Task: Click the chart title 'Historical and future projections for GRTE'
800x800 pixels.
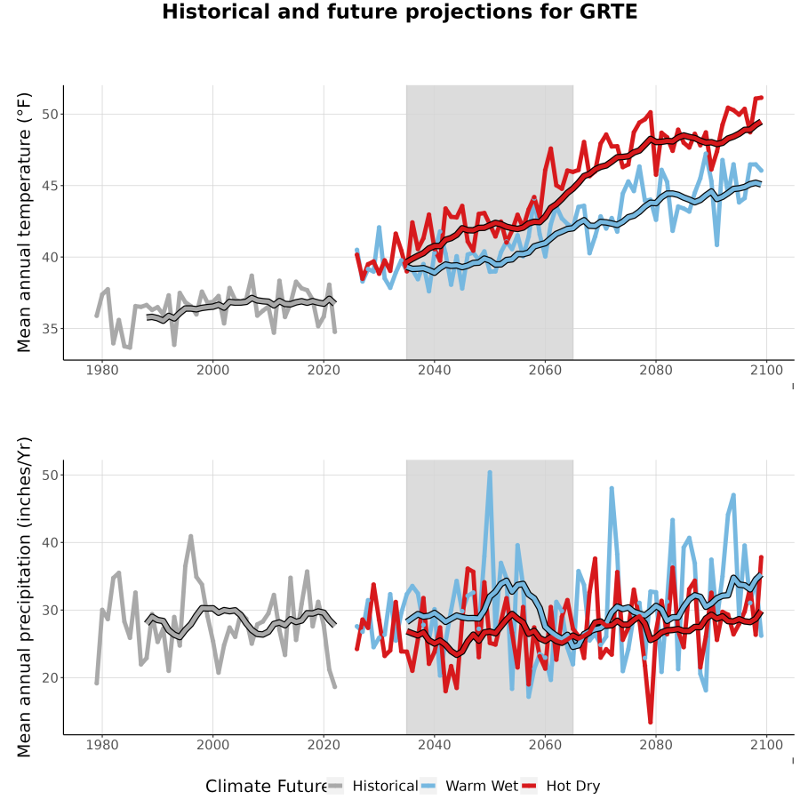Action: pyautogui.click(x=399, y=12)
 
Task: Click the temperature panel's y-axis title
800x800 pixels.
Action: pyautogui.click(x=24, y=222)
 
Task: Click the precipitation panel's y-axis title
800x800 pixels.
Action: pyautogui.click(x=24, y=597)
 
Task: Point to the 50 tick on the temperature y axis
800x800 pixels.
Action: pyautogui.click(x=50, y=115)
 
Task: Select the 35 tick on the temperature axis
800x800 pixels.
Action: pyautogui.click(x=50, y=329)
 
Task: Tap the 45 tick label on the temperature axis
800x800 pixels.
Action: pyautogui.click(x=50, y=186)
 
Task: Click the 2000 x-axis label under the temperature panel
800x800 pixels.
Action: pyautogui.click(x=212, y=370)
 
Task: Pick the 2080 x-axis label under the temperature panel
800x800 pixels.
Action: pyautogui.click(x=656, y=370)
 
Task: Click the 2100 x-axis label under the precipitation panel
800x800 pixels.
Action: pyautogui.click(x=766, y=745)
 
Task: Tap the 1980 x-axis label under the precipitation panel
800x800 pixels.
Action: pyautogui.click(x=102, y=745)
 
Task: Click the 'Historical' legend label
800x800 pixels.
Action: pyautogui.click(x=385, y=787)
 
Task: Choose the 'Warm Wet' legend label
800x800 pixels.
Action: pyautogui.click(x=482, y=787)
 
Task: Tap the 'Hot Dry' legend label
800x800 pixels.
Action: pyautogui.click(x=573, y=787)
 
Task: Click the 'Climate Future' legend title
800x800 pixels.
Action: pyautogui.click(x=267, y=787)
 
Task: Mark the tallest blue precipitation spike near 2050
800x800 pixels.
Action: pyautogui.click(x=490, y=473)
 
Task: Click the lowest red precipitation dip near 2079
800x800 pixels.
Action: pyautogui.click(x=651, y=722)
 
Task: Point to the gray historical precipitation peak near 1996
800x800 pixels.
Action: pyautogui.click(x=191, y=536)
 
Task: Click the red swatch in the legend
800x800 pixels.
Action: pyautogui.click(x=529, y=787)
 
